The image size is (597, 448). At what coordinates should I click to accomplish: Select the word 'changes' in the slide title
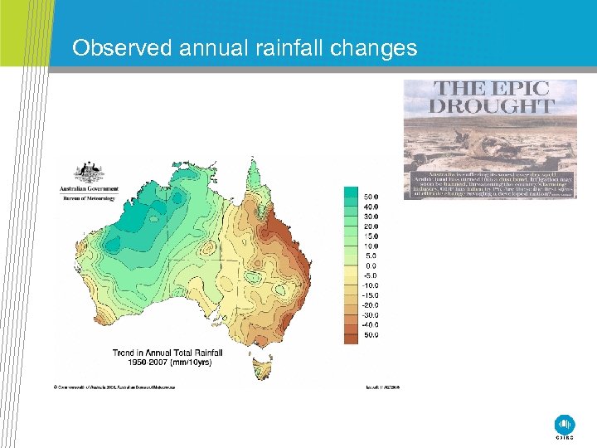(374, 48)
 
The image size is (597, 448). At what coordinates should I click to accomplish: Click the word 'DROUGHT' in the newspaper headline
(490, 106)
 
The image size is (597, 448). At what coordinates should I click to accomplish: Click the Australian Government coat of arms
(88, 172)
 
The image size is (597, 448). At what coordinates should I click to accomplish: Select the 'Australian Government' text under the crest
(87, 189)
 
